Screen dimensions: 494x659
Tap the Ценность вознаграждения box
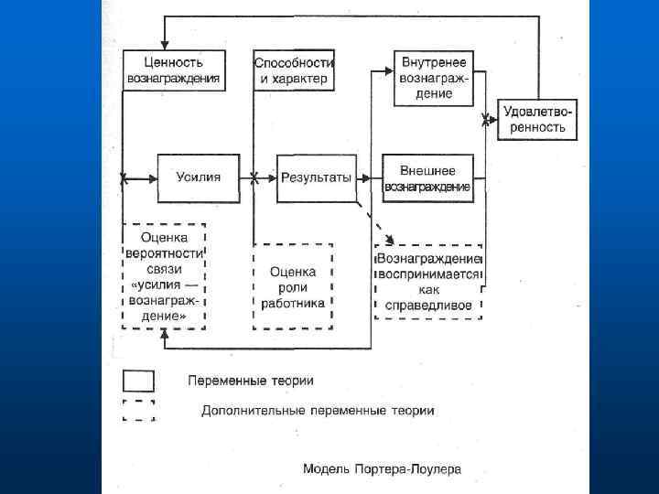[174, 70]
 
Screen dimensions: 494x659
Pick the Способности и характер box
[295, 70]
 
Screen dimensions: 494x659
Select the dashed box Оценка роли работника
[293, 286]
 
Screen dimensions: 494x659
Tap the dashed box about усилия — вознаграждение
[165, 275]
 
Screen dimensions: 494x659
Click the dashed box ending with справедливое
[428, 281]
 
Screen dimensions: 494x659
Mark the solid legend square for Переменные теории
[138, 380]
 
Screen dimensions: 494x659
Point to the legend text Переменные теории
[251, 380]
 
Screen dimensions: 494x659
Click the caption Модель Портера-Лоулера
[383, 469]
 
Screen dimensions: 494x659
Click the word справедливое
[428, 303]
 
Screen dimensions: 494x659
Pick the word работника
[293, 302]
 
